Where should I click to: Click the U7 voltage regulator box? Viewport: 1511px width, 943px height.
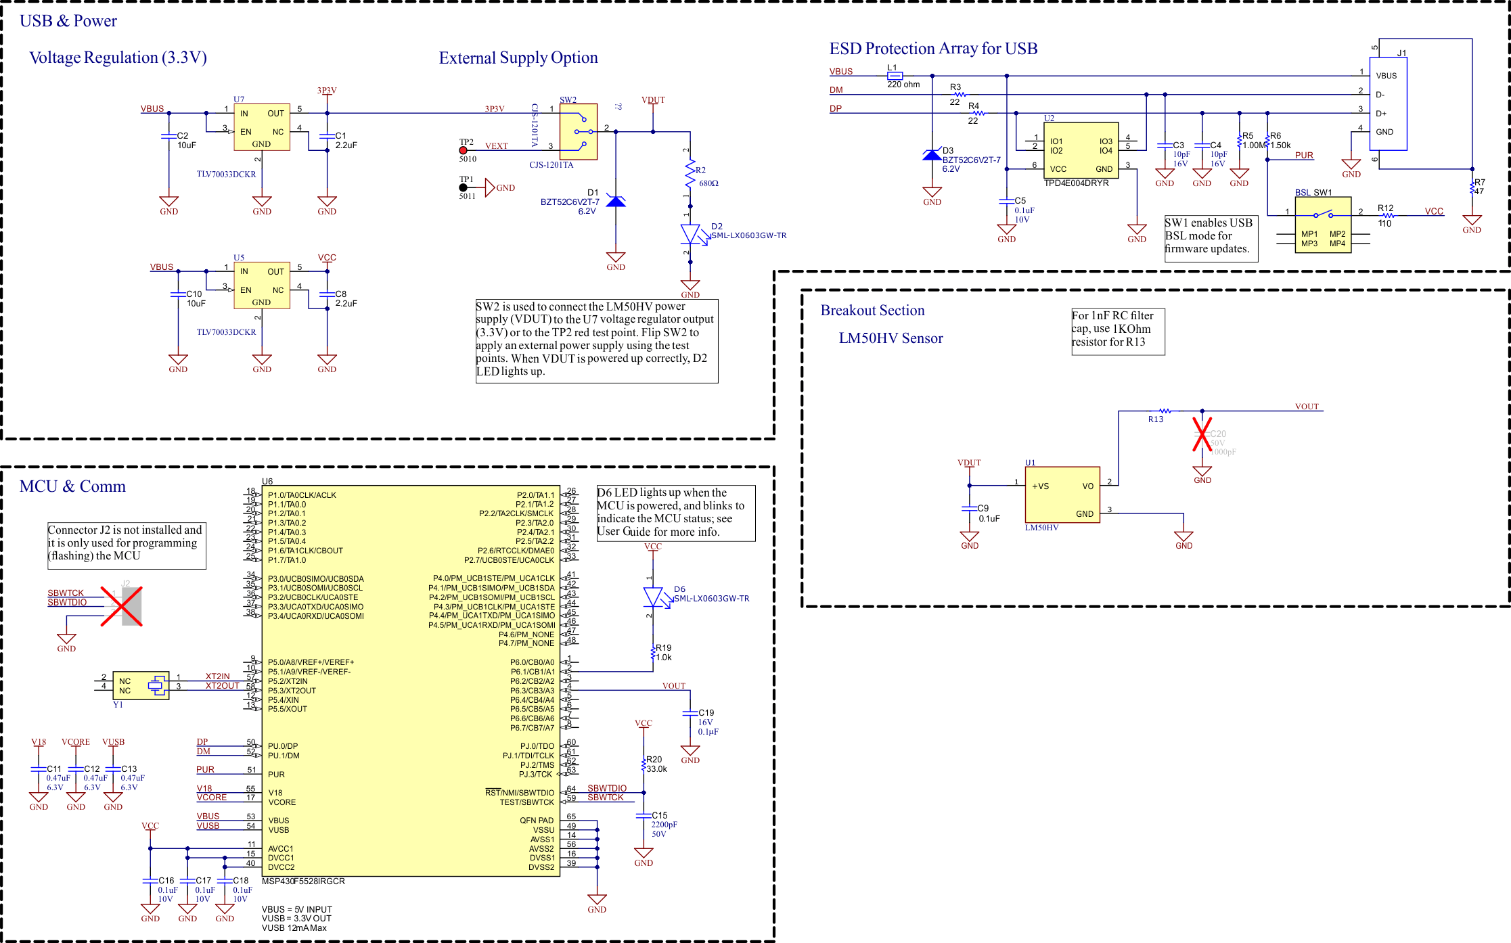261,127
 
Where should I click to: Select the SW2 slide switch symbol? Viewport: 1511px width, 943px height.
579,131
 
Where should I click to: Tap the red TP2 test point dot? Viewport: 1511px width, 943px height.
464,150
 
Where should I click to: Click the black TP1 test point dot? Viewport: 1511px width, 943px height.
464,187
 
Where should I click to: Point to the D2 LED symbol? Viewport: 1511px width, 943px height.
691,234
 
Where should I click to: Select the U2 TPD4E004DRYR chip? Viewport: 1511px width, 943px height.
1081,150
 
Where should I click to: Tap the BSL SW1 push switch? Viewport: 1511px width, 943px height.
1322,225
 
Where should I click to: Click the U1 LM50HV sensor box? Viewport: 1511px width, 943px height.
1062,495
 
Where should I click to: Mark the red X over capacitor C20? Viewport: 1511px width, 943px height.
1202,434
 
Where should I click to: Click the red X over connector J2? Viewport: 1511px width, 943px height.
121,605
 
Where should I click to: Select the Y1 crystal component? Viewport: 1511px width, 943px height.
141,686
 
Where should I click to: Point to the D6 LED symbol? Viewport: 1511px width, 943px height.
653,597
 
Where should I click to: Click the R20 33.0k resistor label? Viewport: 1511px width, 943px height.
656,764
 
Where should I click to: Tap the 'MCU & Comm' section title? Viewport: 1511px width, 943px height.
72,486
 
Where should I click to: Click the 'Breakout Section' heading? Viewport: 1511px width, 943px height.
872,310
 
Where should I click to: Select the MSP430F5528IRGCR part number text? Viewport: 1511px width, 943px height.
303,881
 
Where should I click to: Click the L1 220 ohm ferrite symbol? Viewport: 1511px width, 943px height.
895,76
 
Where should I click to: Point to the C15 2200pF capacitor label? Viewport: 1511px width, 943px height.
662,820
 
